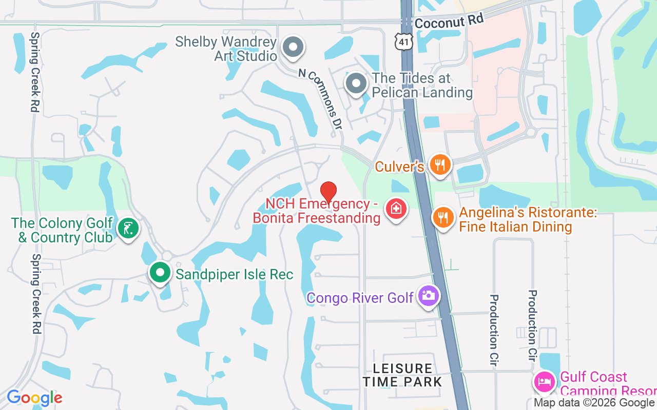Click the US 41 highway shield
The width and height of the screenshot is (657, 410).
(x=404, y=42)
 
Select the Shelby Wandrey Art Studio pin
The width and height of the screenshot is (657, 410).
(x=294, y=47)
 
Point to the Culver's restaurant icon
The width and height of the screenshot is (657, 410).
(x=440, y=165)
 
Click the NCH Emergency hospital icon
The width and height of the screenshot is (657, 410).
(x=396, y=209)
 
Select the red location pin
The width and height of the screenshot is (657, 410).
(x=328, y=192)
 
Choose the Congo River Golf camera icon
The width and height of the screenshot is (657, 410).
(x=428, y=296)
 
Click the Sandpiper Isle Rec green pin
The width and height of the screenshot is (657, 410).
(x=160, y=272)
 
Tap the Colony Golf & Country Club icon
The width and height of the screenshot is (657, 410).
(x=128, y=228)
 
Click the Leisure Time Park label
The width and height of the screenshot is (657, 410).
(x=402, y=375)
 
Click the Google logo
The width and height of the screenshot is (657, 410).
(x=34, y=398)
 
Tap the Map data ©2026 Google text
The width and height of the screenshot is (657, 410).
(x=594, y=403)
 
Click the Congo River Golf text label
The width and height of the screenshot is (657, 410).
(x=360, y=297)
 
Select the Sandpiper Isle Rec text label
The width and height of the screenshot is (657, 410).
(x=235, y=274)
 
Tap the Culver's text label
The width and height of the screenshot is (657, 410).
(x=399, y=167)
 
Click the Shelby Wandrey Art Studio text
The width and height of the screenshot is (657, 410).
(x=226, y=48)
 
